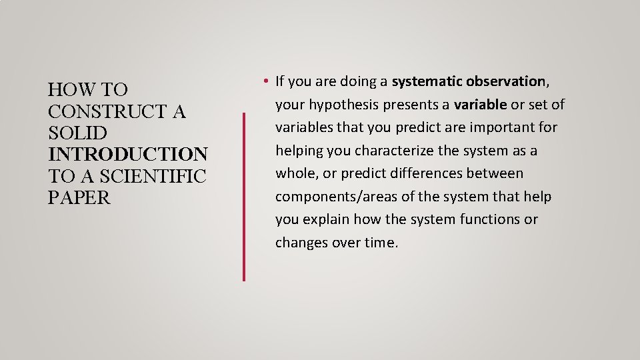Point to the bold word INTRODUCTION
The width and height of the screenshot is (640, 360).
(x=128, y=155)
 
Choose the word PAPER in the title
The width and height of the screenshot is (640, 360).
(x=79, y=199)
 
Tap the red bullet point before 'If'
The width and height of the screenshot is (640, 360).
(x=265, y=82)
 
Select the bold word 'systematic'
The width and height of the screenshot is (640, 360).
(x=427, y=81)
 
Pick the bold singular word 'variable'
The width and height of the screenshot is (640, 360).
(x=480, y=105)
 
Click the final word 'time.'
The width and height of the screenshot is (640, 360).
(x=381, y=243)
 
